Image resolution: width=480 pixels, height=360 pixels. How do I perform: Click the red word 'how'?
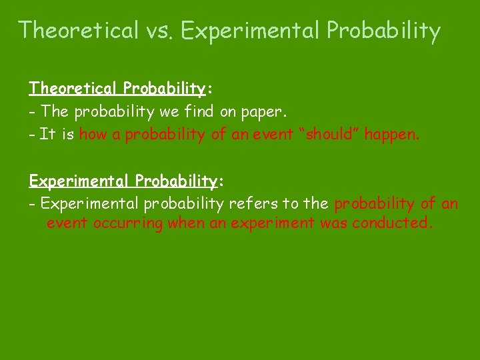[x=93, y=135]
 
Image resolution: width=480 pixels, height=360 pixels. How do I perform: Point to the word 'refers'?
[x=254, y=203]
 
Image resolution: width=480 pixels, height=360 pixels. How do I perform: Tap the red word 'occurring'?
[x=127, y=223]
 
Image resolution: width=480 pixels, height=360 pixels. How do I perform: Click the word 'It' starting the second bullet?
[x=47, y=135]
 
